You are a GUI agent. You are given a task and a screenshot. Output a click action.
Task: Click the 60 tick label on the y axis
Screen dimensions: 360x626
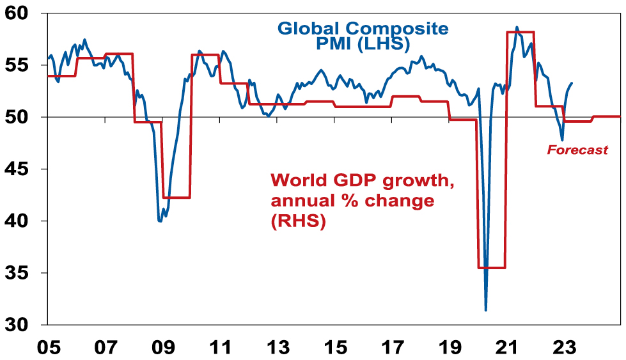coord(22,13)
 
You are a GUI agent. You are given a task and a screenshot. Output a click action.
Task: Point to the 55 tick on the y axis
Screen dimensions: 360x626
coord(22,65)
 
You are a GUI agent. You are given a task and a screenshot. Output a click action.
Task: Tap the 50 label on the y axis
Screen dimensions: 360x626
coord(22,117)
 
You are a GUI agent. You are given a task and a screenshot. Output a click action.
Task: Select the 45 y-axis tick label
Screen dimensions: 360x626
coord(22,169)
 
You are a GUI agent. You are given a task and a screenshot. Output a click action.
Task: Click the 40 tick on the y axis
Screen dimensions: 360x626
coord(22,221)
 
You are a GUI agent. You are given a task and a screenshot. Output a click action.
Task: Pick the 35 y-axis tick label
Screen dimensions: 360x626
coord(22,273)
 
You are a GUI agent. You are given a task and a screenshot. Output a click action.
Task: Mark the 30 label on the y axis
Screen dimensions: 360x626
coord(22,325)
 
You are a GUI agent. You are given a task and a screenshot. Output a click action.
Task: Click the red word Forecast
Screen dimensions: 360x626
coord(576,150)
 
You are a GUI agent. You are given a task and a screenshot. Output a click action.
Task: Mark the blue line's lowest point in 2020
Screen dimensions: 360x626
coord(486,311)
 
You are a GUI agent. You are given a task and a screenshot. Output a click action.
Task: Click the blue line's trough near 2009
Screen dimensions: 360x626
coord(160,221)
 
